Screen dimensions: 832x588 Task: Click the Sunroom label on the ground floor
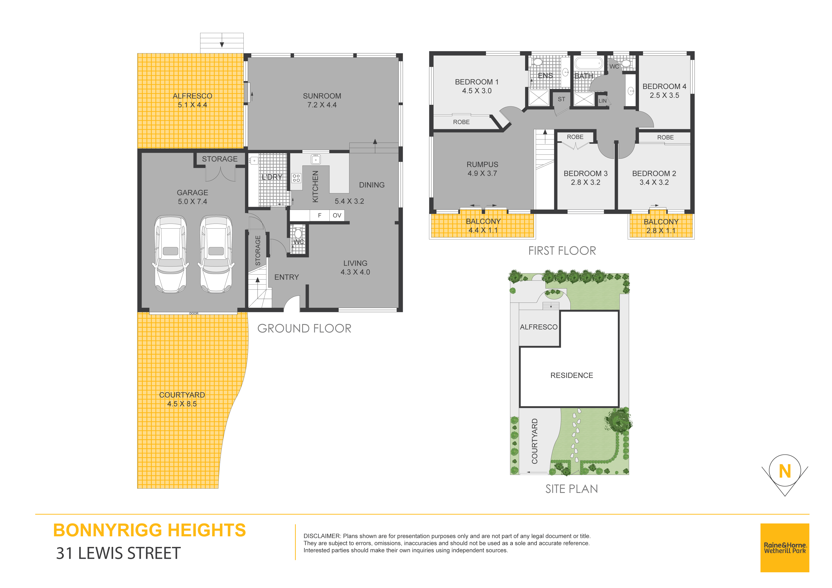322,96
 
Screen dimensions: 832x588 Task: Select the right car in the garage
216,254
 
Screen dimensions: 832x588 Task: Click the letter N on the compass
785,471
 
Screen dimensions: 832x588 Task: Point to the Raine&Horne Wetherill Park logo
785,548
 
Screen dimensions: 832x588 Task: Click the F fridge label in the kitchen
320,216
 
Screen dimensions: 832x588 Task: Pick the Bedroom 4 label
664,87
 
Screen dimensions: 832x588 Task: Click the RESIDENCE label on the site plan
571,375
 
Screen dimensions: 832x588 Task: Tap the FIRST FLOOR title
562,251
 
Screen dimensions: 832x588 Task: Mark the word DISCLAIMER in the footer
322,536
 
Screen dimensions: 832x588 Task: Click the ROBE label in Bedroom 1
461,122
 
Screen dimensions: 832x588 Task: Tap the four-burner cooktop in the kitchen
296,178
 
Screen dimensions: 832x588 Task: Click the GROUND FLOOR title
304,329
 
